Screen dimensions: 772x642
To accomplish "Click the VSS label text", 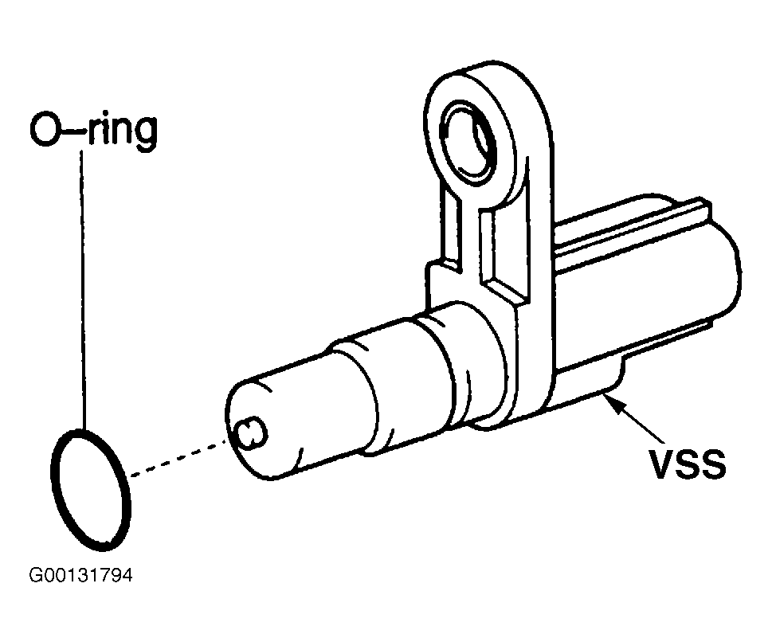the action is point(688,464).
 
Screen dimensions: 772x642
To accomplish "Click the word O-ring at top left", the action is point(94,130).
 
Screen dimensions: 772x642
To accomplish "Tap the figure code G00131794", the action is point(80,575).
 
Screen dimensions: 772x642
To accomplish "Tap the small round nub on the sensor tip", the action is point(252,434).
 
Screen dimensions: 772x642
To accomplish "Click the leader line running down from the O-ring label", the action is point(83,288).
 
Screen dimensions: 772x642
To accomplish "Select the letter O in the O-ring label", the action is point(46,130).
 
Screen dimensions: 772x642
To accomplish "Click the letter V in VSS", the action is point(662,464).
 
